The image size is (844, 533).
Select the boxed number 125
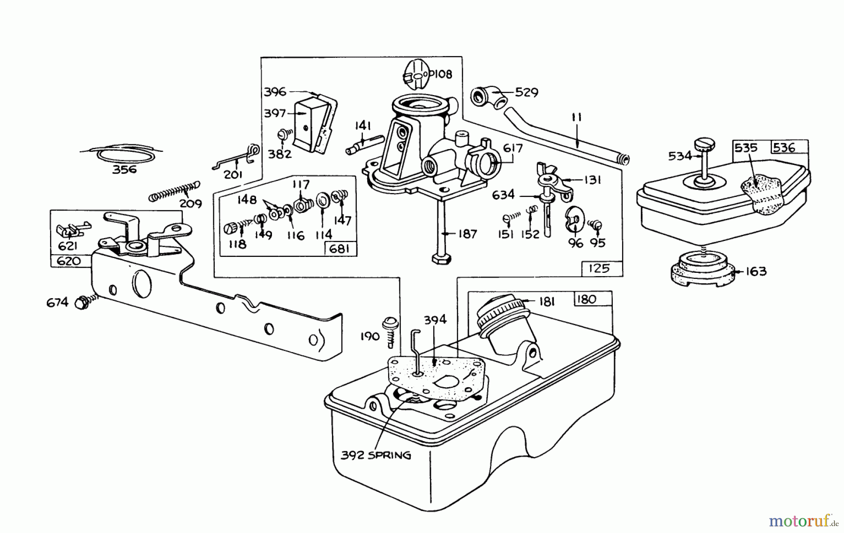click(599, 268)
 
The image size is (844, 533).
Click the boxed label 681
click(339, 248)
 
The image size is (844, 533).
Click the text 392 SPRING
click(376, 455)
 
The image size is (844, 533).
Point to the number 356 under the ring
click(124, 169)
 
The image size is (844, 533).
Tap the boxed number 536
click(784, 148)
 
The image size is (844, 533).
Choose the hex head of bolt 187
click(442, 259)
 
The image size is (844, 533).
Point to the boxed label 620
click(68, 261)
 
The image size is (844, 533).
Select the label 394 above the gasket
click(435, 320)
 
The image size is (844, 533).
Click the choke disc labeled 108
click(415, 74)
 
